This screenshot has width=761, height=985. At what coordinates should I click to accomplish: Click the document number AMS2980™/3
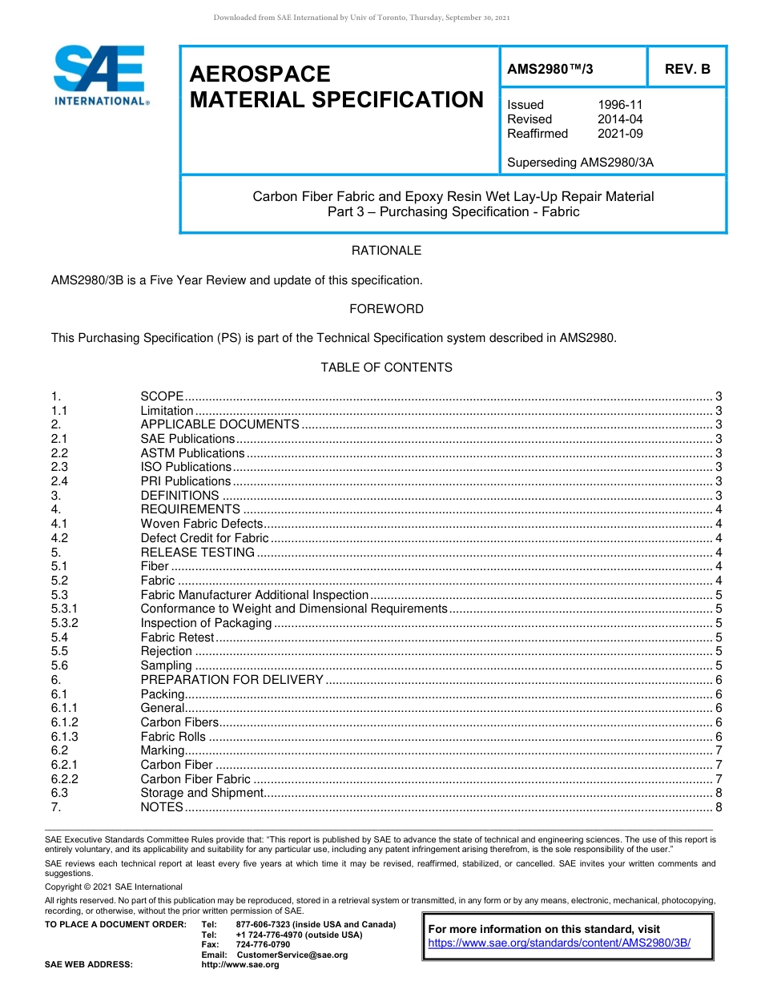click(550, 69)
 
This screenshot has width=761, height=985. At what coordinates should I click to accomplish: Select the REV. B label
click(687, 69)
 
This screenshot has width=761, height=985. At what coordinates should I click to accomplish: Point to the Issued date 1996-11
click(620, 105)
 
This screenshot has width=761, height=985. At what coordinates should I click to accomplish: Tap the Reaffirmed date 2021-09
click(620, 134)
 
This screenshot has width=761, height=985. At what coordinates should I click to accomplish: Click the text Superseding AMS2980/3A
click(580, 163)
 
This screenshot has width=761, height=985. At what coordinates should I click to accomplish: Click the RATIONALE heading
click(386, 251)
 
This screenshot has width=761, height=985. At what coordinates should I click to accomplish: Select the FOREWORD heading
click(386, 309)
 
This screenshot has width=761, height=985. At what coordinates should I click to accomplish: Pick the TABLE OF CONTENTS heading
click(386, 368)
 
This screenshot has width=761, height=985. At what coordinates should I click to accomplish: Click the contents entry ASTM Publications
click(192, 453)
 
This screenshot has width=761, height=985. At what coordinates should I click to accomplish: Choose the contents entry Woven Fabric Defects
click(201, 524)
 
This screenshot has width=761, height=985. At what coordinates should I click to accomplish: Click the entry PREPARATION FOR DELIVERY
click(232, 680)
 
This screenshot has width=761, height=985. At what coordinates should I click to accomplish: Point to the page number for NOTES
click(719, 807)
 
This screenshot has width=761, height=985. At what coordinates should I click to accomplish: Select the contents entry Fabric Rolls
click(173, 737)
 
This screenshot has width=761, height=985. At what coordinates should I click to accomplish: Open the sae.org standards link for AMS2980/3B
click(559, 943)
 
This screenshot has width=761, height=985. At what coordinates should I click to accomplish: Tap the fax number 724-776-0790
click(263, 945)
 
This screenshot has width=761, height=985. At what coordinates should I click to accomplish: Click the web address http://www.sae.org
click(240, 965)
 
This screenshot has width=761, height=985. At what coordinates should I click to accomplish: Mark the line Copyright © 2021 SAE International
click(114, 886)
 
